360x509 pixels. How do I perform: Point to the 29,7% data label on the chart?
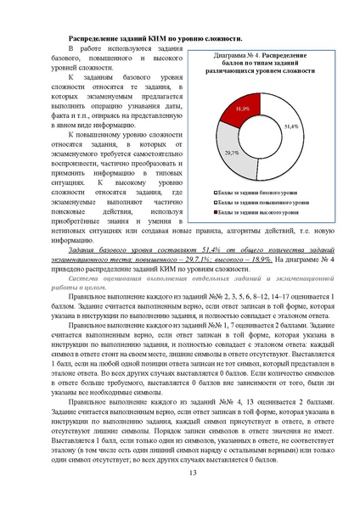232,153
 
